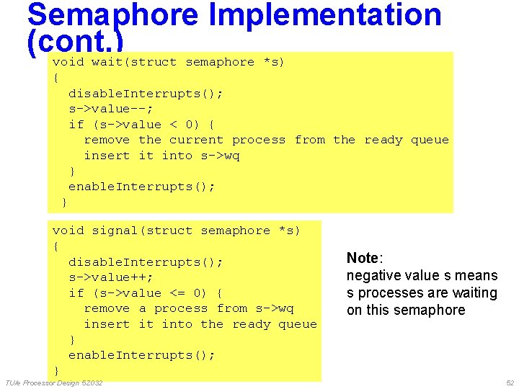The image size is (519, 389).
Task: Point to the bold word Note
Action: [363, 258]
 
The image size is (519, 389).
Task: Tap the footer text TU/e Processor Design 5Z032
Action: [53, 383]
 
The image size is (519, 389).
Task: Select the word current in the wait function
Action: [196, 140]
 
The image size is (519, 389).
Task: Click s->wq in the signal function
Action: [275, 308]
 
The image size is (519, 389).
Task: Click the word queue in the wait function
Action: [430, 140]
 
